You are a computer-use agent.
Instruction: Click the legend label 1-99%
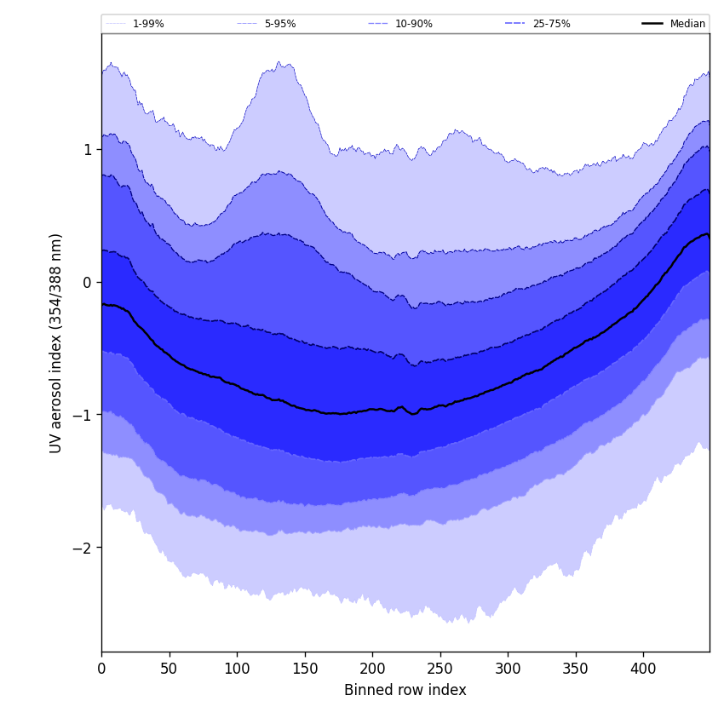(x=148, y=24)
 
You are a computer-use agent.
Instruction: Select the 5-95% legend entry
(x=280, y=24)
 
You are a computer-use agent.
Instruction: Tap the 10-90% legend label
(x=413, y=24)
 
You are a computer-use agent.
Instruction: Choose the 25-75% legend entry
(x=551, y=24)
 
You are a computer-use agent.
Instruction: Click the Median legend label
(x=687, y=24)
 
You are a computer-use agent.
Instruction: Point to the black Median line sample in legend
(x=652, y=24)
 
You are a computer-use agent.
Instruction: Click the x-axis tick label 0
(x=101, y=669)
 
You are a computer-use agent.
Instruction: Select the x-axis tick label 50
(x=169, y=669)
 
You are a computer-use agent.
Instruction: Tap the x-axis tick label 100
(x=237, y=669)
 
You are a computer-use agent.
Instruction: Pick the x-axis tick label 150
(x=304, y=669)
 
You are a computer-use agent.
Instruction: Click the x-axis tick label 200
(x=372, y=669)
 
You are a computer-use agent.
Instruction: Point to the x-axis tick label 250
(x=440, y=669)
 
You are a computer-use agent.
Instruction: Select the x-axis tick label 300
(x=508, y=669)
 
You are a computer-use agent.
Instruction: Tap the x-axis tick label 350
(x=575, y=669)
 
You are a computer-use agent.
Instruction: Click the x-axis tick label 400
(x=643, y=669)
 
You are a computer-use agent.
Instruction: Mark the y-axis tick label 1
(x=87, y=149)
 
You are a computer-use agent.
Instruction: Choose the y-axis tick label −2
(x=81, y=547)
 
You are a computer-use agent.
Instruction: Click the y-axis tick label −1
(x=81, y=415)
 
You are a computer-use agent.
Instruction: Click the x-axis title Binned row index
(x=405, y=690)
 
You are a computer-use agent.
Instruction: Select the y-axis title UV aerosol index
(x=56, y=342)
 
